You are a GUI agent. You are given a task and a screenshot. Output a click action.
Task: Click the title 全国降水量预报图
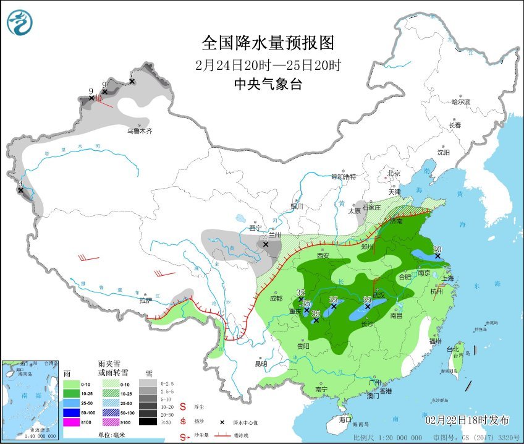point(268,43)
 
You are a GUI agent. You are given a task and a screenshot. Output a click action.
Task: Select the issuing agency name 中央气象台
point(268,85)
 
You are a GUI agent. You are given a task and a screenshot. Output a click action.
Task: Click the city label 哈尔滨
point(460,101)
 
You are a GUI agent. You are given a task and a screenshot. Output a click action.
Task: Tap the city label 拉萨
point(145,301)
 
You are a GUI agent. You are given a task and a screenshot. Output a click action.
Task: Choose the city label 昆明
point(262,364)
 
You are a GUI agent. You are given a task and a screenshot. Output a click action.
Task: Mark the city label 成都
point(276,298)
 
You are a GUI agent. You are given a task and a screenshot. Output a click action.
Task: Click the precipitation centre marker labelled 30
point(437,255)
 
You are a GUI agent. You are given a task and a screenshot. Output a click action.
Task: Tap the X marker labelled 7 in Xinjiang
point(131,82)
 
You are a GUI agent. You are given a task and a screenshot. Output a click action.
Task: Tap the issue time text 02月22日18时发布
point(467,420)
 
